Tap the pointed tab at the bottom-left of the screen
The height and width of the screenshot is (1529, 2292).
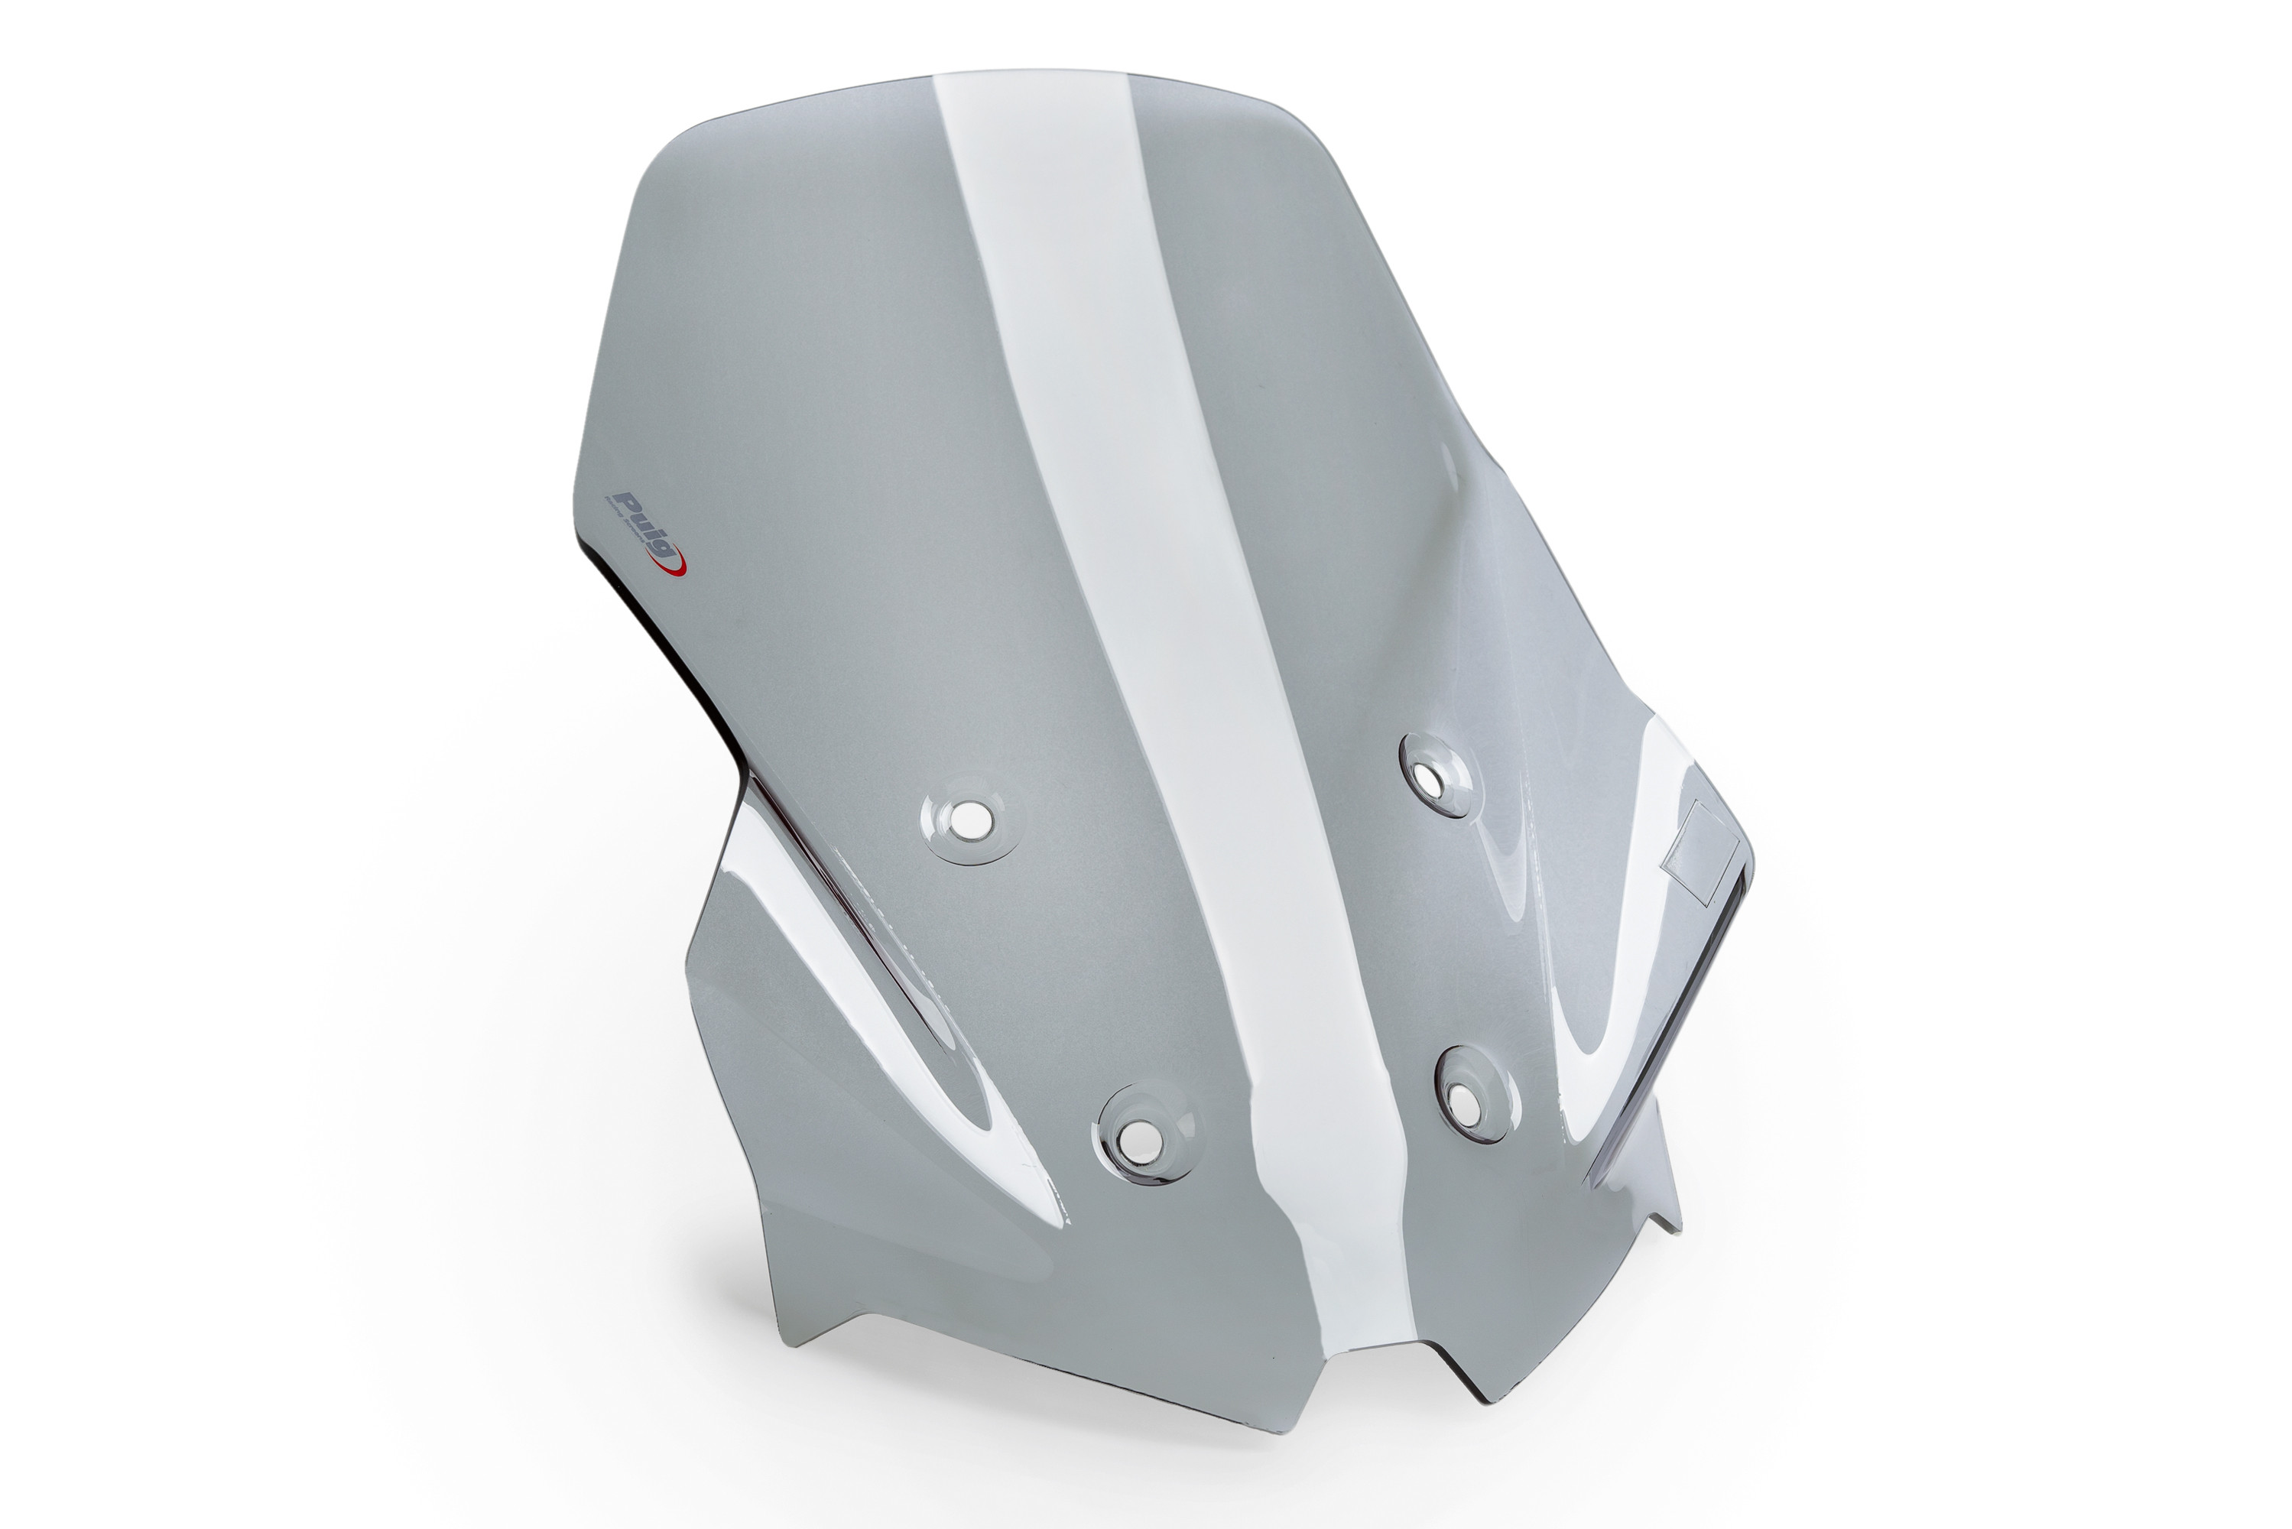point(794,1341)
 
